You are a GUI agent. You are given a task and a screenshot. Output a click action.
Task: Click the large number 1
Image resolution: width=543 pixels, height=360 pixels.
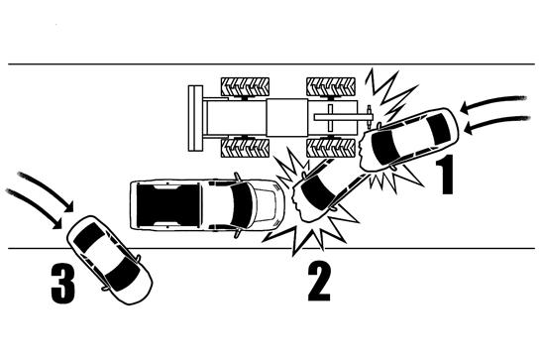[x=445, y=175]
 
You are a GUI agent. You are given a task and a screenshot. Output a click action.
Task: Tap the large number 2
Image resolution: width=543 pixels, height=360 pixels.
[x=319, y=282]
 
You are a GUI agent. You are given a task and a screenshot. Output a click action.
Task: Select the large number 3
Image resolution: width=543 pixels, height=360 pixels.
[x=62, y=283]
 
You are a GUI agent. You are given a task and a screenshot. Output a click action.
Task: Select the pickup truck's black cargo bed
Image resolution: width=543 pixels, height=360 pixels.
[x=168, y=205]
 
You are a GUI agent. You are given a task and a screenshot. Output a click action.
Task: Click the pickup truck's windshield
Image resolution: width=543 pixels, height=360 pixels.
[x=242, y=205]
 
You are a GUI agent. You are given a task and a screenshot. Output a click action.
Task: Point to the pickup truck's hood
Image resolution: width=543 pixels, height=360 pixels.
[x=270, y=205]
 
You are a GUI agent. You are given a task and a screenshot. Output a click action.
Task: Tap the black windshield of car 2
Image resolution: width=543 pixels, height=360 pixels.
[x=317, y=193]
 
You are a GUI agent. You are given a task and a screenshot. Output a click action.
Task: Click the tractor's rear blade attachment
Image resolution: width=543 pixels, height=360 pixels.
[x=195, y=118]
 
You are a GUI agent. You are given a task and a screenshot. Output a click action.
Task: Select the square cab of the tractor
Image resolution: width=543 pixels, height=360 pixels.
[x=286, y=118]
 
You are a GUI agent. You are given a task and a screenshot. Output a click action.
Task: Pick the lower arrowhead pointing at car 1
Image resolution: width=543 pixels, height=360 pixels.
[x=469, y=131]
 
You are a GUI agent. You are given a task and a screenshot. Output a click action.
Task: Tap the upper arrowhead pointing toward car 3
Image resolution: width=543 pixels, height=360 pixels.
[x=67, y=206]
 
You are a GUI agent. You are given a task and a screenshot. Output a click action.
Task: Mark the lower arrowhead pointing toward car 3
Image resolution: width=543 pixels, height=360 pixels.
[x=56, y=223]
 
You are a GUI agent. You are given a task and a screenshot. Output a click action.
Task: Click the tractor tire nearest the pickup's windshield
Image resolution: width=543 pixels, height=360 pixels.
[x=246, y=148]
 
